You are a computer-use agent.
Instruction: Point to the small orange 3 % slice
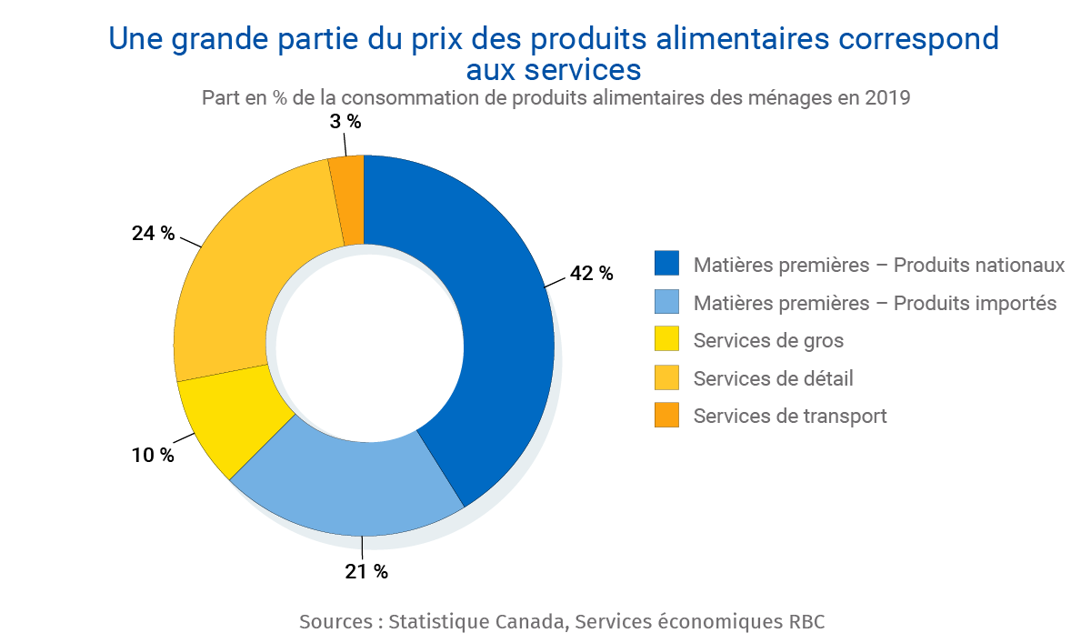tap(348, 200)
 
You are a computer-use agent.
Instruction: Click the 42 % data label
tap(591, 273)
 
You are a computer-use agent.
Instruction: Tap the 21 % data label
tap(365, 572)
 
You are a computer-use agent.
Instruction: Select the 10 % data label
tap(153, 456)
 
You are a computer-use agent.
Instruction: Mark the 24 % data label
tap(153, 234)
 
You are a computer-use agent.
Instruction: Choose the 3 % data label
tap(345, 122)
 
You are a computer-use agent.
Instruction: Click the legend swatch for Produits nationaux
tap(666, 264)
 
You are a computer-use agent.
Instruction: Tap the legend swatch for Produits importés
tap(666, 302)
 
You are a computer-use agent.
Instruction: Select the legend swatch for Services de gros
tap(666, 339)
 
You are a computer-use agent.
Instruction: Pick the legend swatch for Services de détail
tap(666, 377)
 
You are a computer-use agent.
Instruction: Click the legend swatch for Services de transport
tap(666, 415)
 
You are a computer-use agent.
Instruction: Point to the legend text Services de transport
tap(789, 416)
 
